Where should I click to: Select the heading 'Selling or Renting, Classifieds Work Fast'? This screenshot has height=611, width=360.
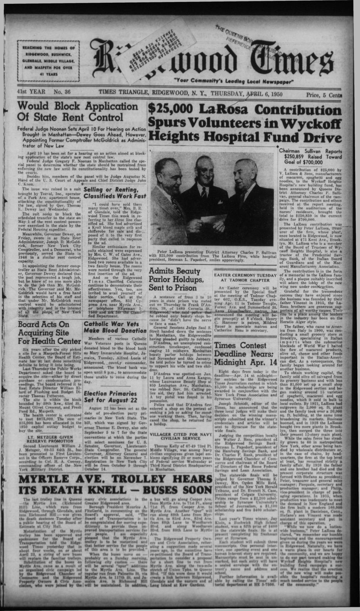pos(115,193)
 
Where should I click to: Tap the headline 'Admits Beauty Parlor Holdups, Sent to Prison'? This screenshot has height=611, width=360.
pos(175,279)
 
